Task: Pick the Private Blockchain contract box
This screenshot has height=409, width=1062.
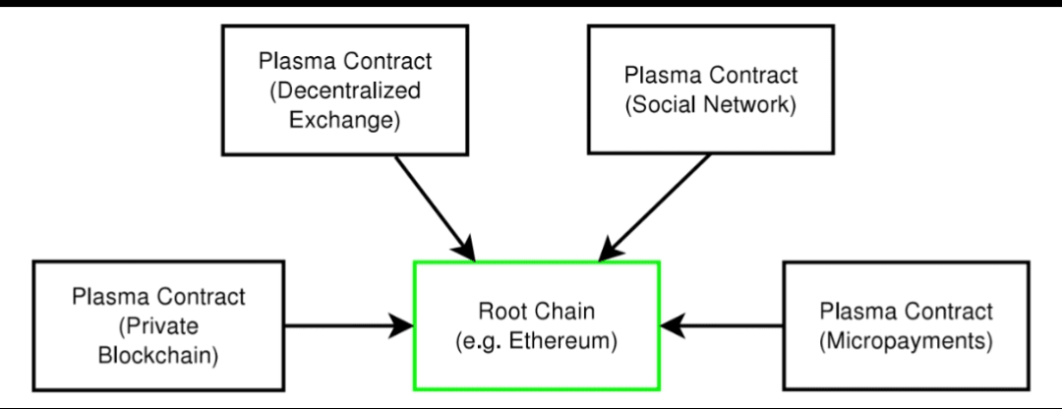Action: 158,324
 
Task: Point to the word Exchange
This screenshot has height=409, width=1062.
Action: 340,123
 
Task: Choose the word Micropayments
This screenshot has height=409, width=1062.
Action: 907,342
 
